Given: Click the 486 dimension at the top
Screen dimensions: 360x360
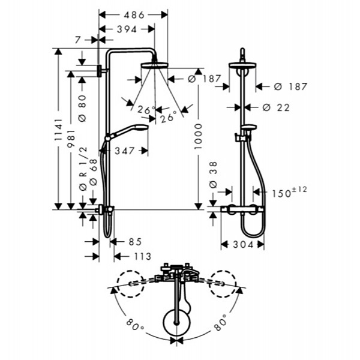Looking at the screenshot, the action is point(134,15).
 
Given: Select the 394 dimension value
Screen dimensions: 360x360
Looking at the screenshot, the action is point(127,29).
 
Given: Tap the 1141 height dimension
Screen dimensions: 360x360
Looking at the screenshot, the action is point(59,130).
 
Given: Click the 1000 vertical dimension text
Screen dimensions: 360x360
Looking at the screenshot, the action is point(199,136).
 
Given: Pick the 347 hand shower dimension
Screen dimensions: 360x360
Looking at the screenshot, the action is point(125,151).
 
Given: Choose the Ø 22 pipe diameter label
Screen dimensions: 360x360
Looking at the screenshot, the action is point(276,107).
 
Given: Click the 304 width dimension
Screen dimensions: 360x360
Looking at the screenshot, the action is point(243,245).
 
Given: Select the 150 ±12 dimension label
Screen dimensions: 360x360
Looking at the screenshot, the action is point(289,193).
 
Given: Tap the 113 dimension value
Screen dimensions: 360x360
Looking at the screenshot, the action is point(143,256).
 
